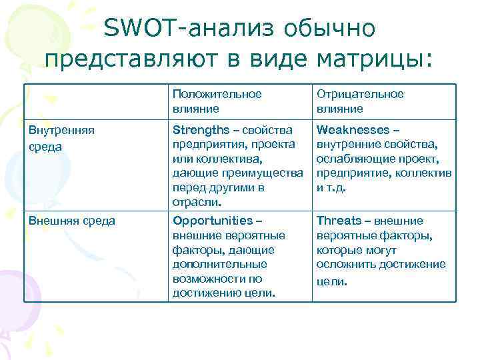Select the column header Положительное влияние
coord(217,101)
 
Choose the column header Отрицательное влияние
coord(360,101)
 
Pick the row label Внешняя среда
coord(71,221)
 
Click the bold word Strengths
coord(199,129)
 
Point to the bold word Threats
coord(339,221)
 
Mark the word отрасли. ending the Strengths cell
coord(197,202)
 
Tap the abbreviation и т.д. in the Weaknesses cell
coord(331,188)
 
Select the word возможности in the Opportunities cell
coord(209,279)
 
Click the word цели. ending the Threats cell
coord(331,281)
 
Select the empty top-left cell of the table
coord(95,101)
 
